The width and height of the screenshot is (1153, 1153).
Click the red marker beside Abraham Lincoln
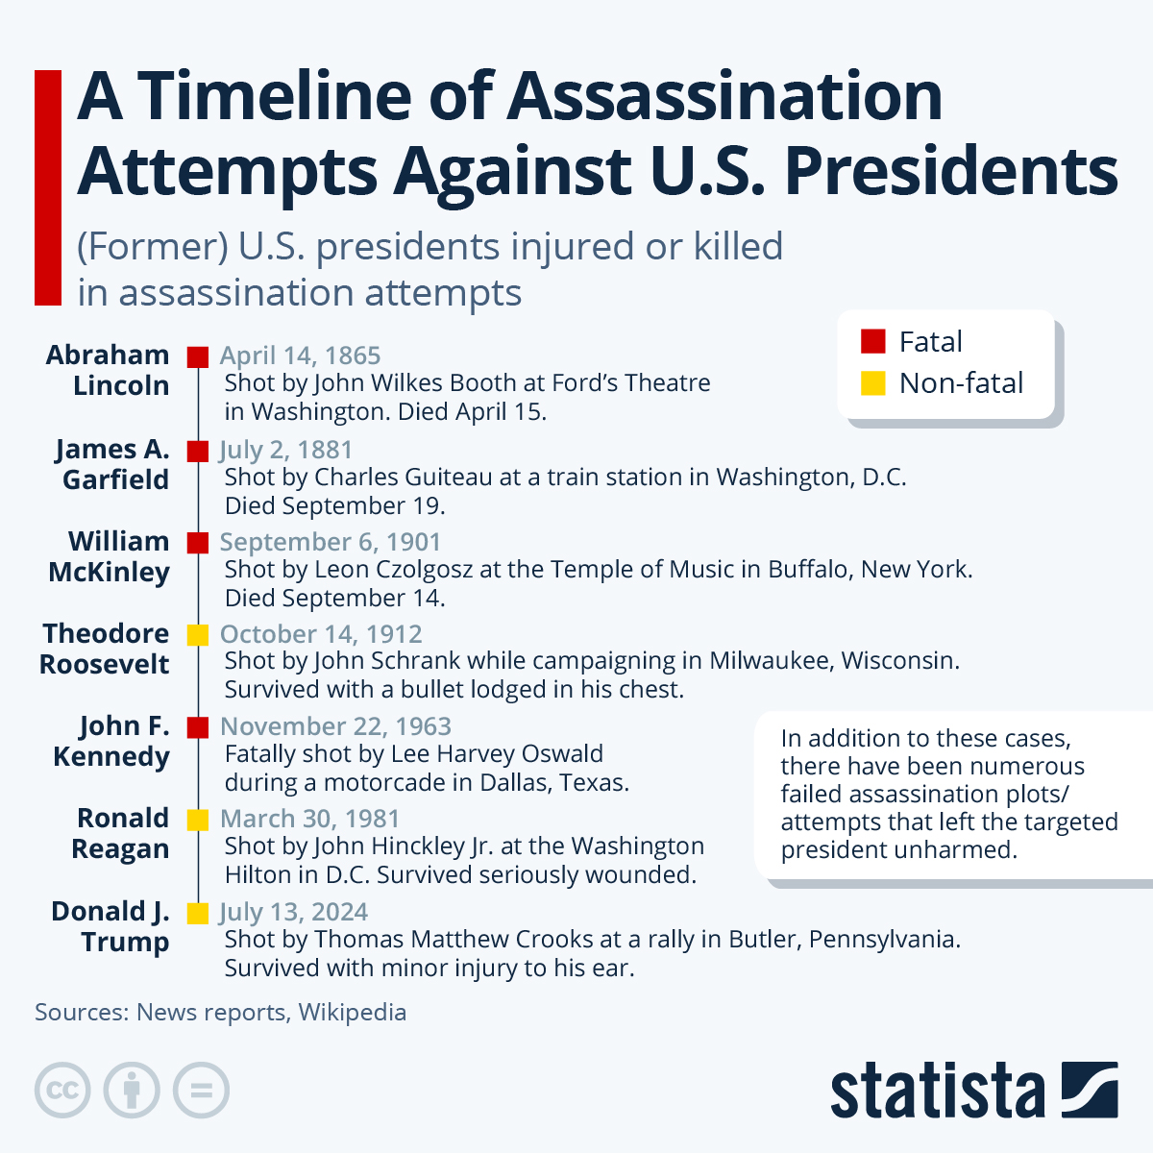[x=198, y=356]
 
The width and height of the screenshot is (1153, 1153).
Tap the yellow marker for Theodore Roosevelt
[x=198, y=634]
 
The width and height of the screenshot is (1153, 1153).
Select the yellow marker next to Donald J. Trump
[x=198, y=913]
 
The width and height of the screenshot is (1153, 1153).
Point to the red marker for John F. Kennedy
[x=198, y=726]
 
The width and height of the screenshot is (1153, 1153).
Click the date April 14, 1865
[x=300, y=356]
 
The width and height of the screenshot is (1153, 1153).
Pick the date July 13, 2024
[x=293, y=912]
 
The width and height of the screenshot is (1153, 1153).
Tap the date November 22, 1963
[x=335, y=726]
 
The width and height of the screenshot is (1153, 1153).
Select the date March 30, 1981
[x=309, y=819]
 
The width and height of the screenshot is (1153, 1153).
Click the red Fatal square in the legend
[x=872, y=341]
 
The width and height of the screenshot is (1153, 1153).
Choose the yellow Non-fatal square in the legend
[x=872, y=383]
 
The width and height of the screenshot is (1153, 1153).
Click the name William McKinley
[x=109, y=556]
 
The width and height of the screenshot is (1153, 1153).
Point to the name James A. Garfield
[x=112, y=464]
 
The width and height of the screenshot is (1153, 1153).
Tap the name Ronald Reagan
[x=122, y=833]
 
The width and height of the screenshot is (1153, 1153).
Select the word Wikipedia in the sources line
[x=352, y=1012]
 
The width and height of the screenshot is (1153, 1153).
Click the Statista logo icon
[x=1089, y=1090]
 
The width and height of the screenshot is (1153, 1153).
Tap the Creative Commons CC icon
[x=62, y=1091]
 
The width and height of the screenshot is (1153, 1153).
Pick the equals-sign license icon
[x=202, y=1091]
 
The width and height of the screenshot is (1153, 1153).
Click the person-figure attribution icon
[x=132, y=1091]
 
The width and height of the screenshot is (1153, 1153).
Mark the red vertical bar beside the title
[x=48, y=187]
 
